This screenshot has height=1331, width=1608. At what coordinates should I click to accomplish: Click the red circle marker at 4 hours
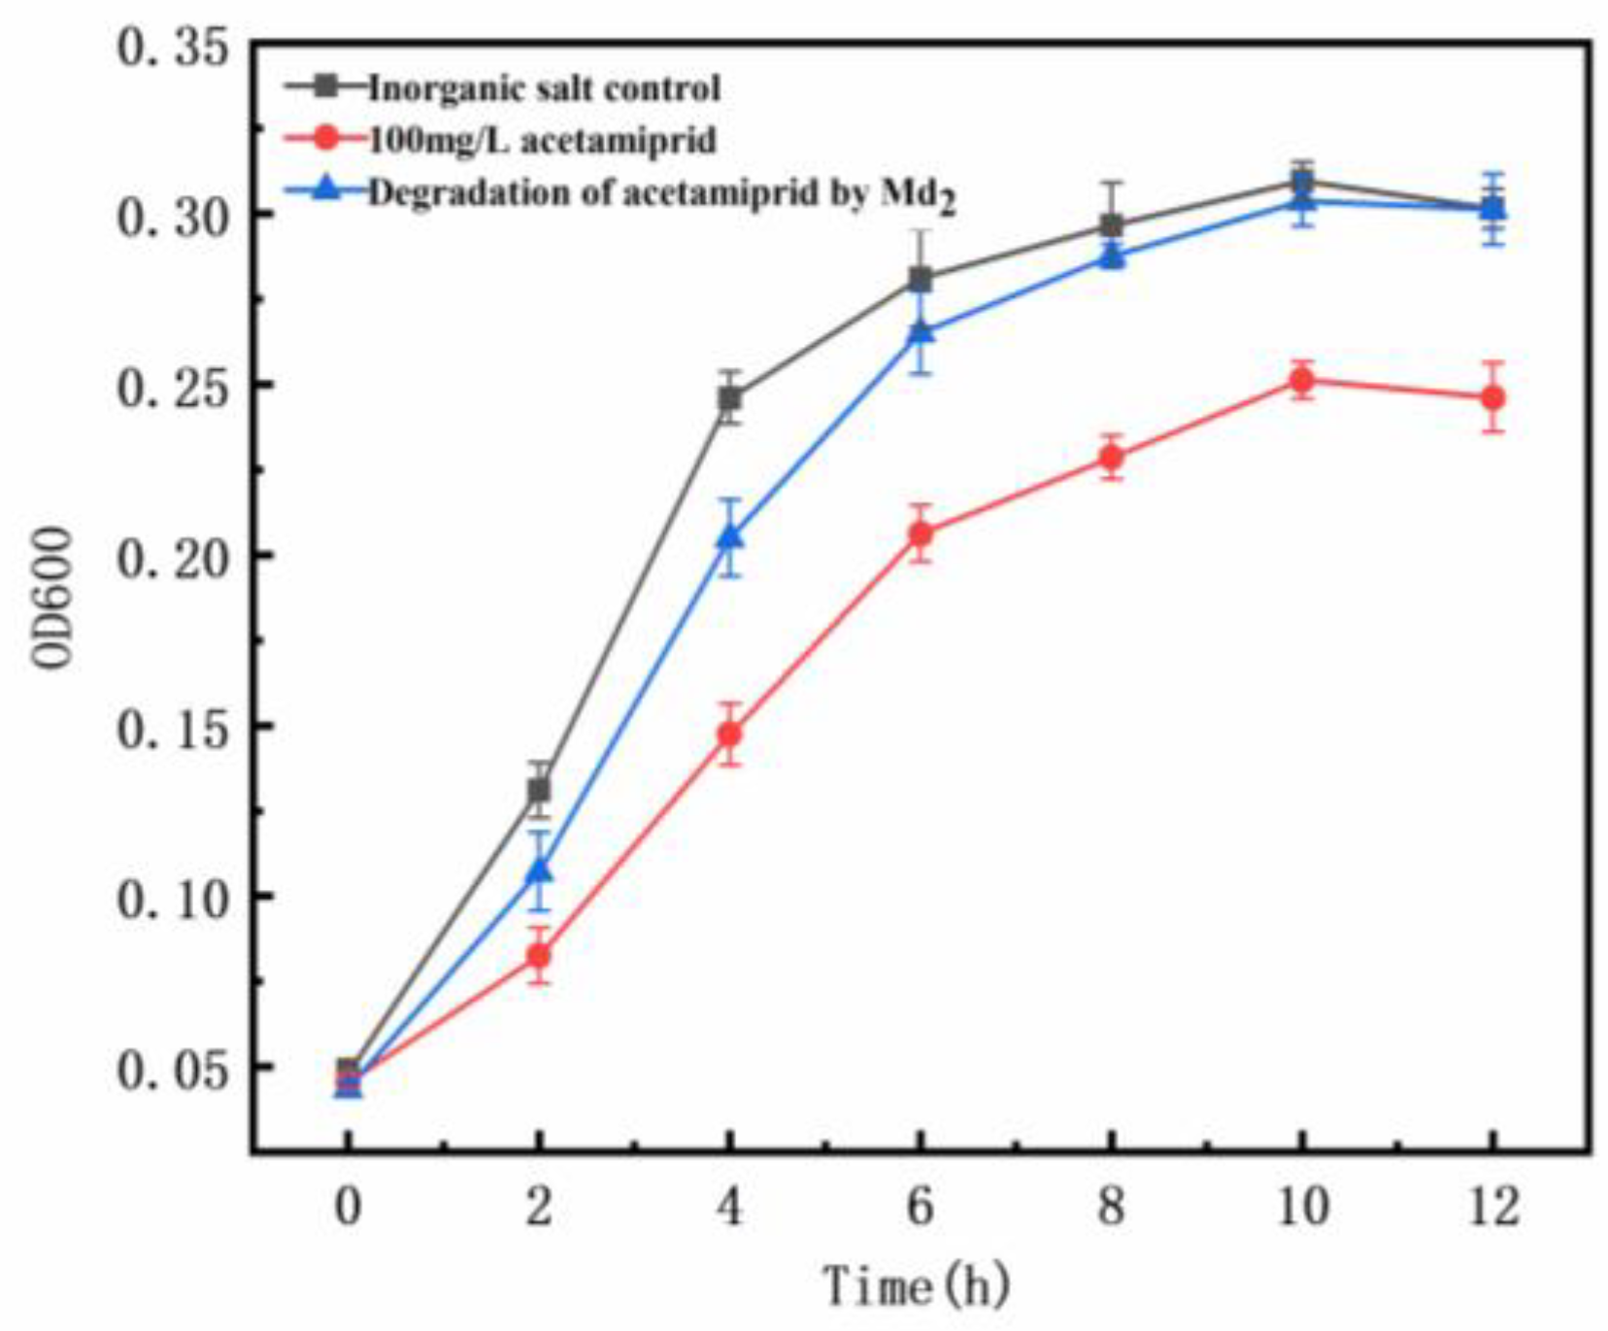[x=729, y=734]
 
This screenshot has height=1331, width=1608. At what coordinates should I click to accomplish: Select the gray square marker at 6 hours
[x=920, y=280]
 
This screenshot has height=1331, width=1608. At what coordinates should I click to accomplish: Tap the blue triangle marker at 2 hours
[x=539, y=871]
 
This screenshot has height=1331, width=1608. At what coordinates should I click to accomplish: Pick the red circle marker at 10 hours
[x=1301, y=381]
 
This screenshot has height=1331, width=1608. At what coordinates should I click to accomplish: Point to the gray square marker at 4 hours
[x=729, y=398]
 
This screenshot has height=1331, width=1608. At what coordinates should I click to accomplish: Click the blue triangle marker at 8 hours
[x=1112, y=256]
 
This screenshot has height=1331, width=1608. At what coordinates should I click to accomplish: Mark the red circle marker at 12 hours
[x=1492, y=397]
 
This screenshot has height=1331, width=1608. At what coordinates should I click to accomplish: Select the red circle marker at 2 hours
[x=539, y=956]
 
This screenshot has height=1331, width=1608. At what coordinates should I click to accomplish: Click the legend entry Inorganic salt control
[x=544, y=88]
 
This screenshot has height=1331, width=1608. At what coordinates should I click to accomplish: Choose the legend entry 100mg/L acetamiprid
[x=541, y=140]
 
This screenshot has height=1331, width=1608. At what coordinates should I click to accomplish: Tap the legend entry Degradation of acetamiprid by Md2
[x=660, y=193]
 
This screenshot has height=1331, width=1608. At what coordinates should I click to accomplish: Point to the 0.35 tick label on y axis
[x=174, y=47]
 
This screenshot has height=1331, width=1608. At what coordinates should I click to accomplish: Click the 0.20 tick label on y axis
[x=174, y=558]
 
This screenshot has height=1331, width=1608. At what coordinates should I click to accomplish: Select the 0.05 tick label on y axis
[x=174, y=1069]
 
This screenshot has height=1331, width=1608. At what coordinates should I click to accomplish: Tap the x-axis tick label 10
[x=1301, y=1207]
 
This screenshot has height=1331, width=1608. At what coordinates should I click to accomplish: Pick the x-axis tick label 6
[x=920, y=1207]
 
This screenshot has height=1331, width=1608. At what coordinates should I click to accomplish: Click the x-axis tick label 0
[x=348, y=1207]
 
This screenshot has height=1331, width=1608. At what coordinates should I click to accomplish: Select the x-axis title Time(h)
[x=916, y=1286]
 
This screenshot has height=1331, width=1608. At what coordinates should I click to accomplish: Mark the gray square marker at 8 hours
[x=1112, y=226]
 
